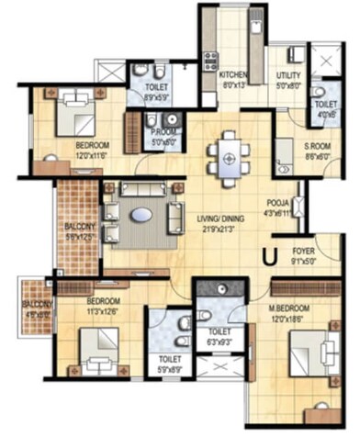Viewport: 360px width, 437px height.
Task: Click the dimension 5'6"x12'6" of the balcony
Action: [81, 238]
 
